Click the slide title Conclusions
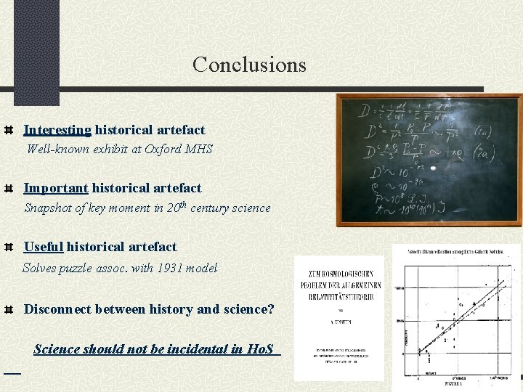[x=249, y=65]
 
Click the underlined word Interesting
[x=57, y=130]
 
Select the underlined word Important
[x=56, y=188]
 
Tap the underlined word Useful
[x=44, y=246]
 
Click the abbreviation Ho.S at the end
[x=261, y=349]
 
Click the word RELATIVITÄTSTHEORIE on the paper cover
[x=339, y=295]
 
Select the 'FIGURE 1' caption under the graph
[x=457, y=383]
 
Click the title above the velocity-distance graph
[x=457, y=251]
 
